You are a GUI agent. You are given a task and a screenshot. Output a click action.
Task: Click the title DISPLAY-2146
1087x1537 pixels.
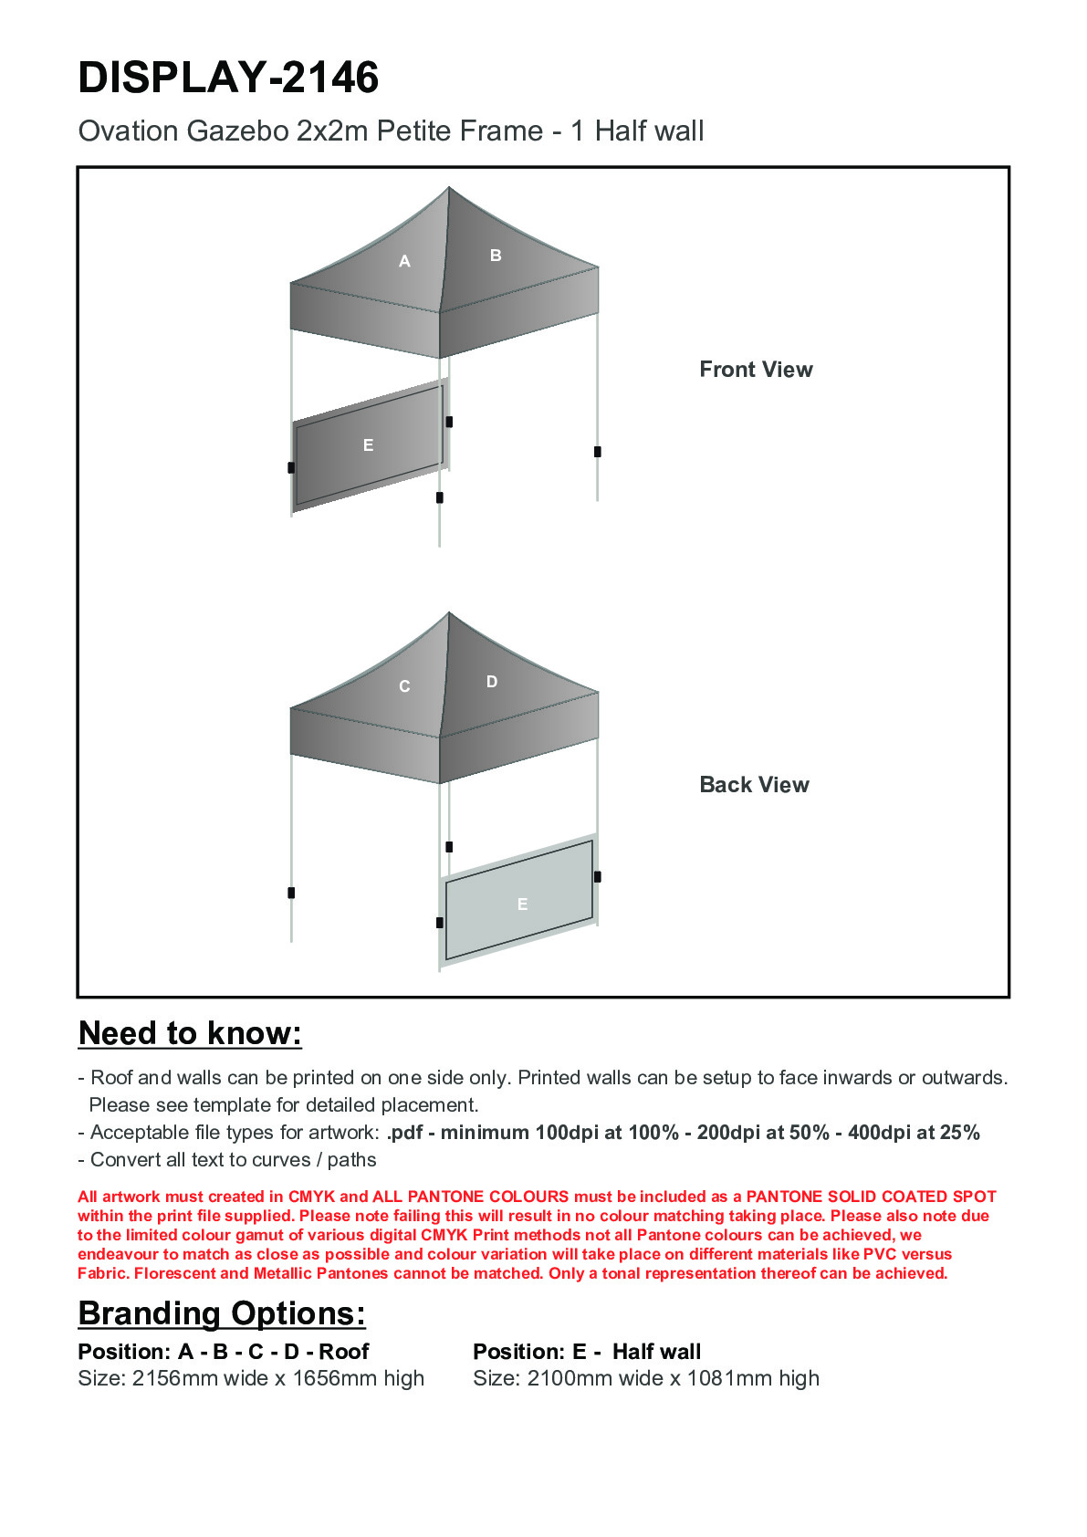click(x=228, y=78)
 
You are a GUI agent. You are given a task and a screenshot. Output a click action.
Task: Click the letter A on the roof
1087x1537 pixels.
click(x=404, y=261)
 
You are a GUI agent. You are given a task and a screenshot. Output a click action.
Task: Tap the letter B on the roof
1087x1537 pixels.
click(x=496, y=256)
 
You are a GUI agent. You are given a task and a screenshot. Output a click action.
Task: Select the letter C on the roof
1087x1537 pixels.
click(x=404, y=686)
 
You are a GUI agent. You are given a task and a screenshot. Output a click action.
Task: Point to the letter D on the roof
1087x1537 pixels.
click(x=492, y=682)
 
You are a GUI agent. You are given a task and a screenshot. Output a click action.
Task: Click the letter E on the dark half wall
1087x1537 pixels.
click(x=368, y=445)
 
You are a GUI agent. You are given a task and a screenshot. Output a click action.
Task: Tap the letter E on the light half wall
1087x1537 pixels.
click(x=522, y=904)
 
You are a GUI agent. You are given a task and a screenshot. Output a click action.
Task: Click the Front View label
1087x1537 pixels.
click(x=756, y=370)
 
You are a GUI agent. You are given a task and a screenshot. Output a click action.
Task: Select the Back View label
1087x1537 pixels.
click(x=754, y=785)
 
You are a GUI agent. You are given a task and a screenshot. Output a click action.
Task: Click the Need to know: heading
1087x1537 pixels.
click(x=190, y=1033)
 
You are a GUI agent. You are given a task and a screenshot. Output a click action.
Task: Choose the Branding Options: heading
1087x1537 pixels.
click(x=222, y=1313)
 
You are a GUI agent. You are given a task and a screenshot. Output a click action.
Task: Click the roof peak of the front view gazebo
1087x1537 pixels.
click(x=449, y=189)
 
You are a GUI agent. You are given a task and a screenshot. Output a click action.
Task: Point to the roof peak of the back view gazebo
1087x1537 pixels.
click(x=449, y=613)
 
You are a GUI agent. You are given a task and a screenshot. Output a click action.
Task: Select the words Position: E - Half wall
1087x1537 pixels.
click(x=587, y=1352)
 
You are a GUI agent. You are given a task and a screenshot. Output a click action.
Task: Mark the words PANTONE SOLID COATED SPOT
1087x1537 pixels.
click(x=871, y=1197)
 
